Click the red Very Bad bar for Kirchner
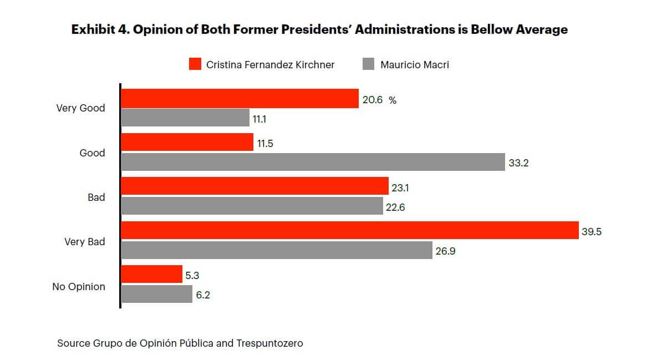click(350, 231)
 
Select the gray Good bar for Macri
click(313, 162)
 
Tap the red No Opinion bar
click(151, 274)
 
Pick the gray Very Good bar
click(185, 118)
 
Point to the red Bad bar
click(254, 186)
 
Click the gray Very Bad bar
click(277, 250)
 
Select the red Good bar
click(187, 142)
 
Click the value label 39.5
click(592, 231)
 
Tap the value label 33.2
click(518, 163)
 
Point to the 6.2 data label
click(203, 296)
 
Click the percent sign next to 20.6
click(393, 100)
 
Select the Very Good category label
click(80, 108)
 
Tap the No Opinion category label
click(79, 287)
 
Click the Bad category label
click(96, 197)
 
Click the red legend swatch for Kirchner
click(195, 64)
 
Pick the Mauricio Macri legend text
click(414, 65)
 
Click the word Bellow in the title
click(491, 30)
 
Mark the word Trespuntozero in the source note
click(269, 343)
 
